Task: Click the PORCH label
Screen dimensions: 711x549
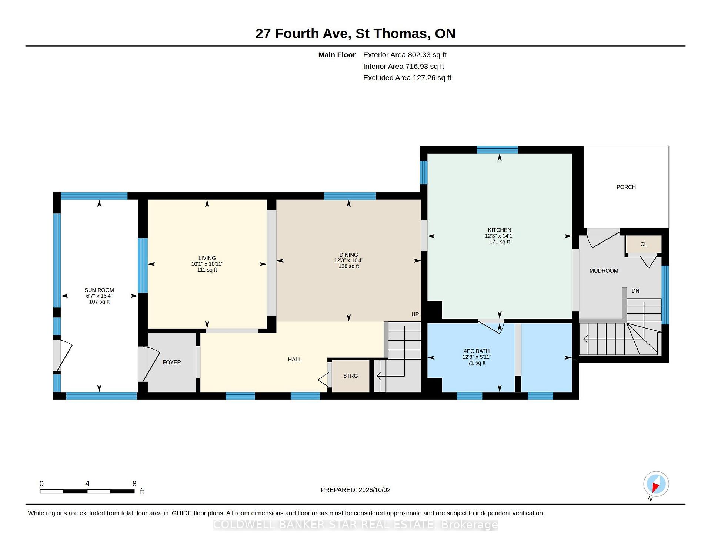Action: point(626,187)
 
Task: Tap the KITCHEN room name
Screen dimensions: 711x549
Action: point(499,230)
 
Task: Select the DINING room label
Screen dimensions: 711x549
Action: point(348,255)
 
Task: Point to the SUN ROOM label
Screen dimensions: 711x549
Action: point(99,290)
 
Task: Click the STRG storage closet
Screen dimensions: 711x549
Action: point(350,376)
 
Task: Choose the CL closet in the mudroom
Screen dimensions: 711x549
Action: point(644,244)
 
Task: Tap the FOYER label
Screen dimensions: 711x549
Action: point(172,363)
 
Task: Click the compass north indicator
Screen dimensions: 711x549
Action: point(656,484)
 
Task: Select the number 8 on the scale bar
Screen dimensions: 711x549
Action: point(134,484)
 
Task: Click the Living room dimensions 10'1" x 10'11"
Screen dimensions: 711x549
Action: point(207,264)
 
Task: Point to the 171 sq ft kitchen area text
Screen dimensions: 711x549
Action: point(499,242)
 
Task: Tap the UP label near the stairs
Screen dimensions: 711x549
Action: point(415,314)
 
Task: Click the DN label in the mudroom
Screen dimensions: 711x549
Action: point(635,291)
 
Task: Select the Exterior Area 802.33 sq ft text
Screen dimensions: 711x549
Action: point(405,55)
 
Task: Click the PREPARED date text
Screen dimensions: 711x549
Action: point(355,490)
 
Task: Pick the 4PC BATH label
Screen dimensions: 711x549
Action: point(477,351)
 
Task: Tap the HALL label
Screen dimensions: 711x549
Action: point(294,360)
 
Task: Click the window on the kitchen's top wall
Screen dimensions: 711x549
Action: point(497,150)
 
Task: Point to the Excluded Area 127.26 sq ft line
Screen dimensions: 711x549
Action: point(407,78)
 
